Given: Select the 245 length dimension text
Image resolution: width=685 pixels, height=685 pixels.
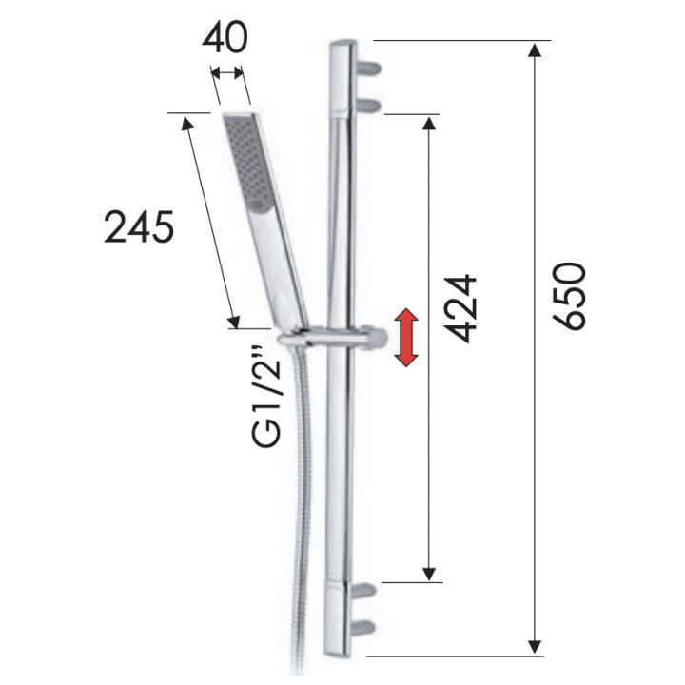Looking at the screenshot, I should pos(139,228).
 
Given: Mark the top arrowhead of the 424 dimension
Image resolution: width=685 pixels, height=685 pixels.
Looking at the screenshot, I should pos(430,125).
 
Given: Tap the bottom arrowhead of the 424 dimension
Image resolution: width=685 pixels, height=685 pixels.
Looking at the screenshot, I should pos(430,570).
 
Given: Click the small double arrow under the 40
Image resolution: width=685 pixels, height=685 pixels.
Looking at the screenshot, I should pos(226,70).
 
